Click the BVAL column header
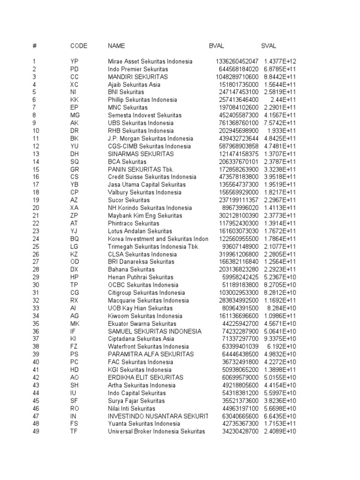(x=217, y=46)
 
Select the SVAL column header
(x=269, y=46)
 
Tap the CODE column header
(x=79, y=46)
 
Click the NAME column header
(x=117, y=46)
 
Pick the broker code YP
(x=74, y=61)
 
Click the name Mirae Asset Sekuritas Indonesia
(x=150, y=61)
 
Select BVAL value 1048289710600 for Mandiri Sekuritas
(x=237, y=77)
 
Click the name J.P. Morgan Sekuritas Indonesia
(x=150, y=139)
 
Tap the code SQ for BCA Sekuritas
(x=75, y=162)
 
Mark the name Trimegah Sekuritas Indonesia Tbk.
(x=154, y=247)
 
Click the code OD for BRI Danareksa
(x=75, y=262)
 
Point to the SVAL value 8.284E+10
(x=282, y=308)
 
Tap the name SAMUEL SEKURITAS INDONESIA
(x=155, y=331)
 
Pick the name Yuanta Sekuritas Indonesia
(x=144, y=424)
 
